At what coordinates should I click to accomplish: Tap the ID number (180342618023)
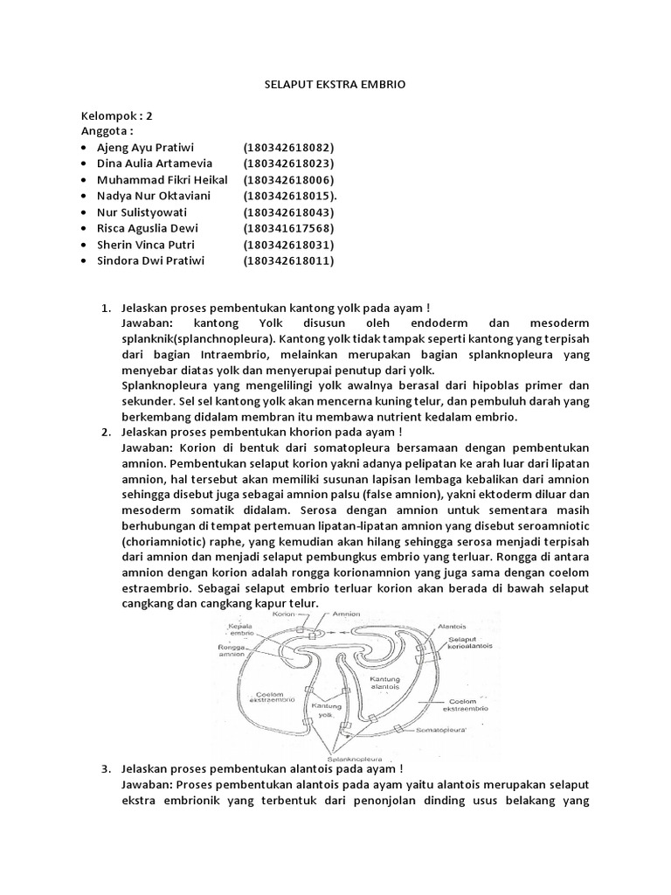[x=288, y=163]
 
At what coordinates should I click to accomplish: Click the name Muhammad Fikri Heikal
[x=162, y=179]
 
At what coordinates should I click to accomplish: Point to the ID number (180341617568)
[x=288, y=228]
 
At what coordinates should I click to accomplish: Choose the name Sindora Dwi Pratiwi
[x=148, y=260]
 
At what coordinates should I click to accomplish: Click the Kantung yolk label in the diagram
[x=325, y=709]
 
